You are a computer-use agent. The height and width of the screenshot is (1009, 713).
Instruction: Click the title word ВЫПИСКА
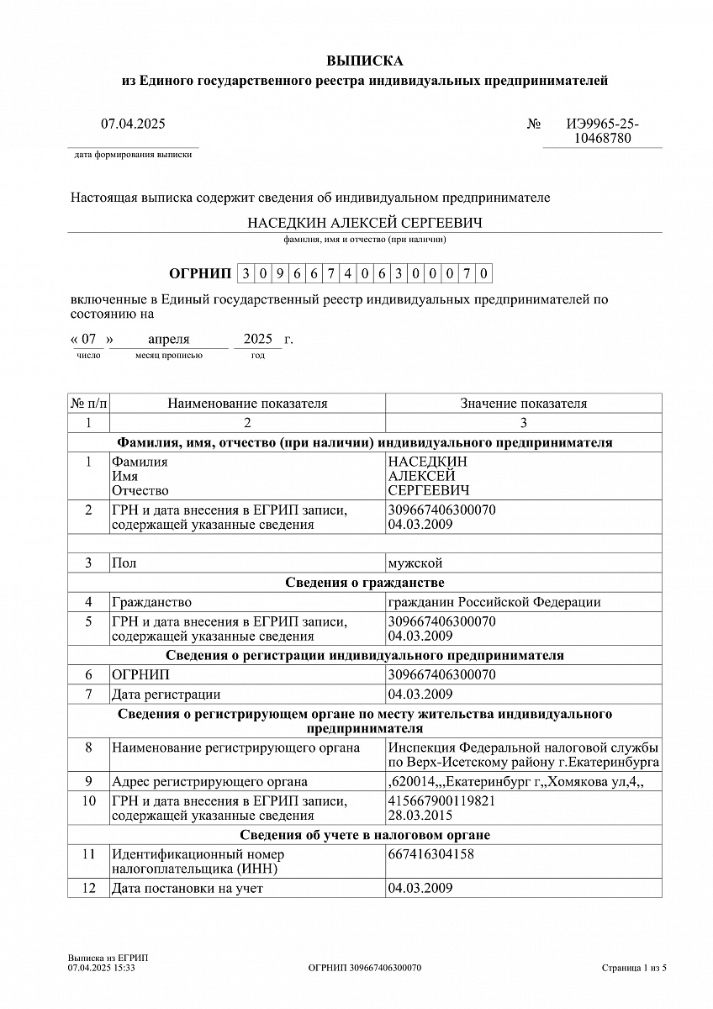[x=364, y=61]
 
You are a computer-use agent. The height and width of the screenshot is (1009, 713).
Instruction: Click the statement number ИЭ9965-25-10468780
[x=602, y=131]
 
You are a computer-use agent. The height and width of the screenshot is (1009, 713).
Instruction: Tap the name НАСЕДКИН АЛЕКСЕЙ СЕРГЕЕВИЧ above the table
[x=364, y=223]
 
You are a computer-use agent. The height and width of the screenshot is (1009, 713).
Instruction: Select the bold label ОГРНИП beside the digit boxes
[x=199, y=273]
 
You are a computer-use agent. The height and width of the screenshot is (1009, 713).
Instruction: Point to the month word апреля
[x=169, y=340]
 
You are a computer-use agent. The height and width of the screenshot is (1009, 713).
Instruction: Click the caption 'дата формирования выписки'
[x=133, y=155]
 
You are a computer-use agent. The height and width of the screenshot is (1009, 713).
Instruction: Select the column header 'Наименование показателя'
[x=247, y=404]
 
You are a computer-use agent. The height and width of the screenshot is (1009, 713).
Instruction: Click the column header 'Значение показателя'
[x=523, y=404]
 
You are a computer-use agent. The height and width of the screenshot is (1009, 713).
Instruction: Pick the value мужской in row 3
[x=415, y=563]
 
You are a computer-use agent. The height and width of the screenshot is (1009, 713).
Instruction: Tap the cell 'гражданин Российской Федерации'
[x=494, y=602]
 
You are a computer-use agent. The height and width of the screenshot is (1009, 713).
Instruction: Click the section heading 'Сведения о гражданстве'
[x=364, y=583]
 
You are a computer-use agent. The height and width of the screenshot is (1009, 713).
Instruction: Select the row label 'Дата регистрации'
[x=166, y=695]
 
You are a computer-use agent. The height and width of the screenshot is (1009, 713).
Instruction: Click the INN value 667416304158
[x=430, y=854]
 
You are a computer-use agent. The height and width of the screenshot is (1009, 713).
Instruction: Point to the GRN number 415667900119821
[x=441, y=800]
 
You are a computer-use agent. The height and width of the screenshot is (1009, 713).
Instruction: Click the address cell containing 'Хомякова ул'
[x=515, y=782]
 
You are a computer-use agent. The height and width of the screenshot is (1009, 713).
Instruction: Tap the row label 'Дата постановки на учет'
[x=187, y=889]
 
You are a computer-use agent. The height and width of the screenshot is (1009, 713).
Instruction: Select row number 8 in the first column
[x=88, y=748]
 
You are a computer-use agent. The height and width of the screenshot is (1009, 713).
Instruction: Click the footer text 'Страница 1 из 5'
[x=634, y=968]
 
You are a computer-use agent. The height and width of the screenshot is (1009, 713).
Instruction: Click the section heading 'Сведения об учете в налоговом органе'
[x=364, y=835]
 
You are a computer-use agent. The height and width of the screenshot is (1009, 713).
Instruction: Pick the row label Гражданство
[x=151, y=602]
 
